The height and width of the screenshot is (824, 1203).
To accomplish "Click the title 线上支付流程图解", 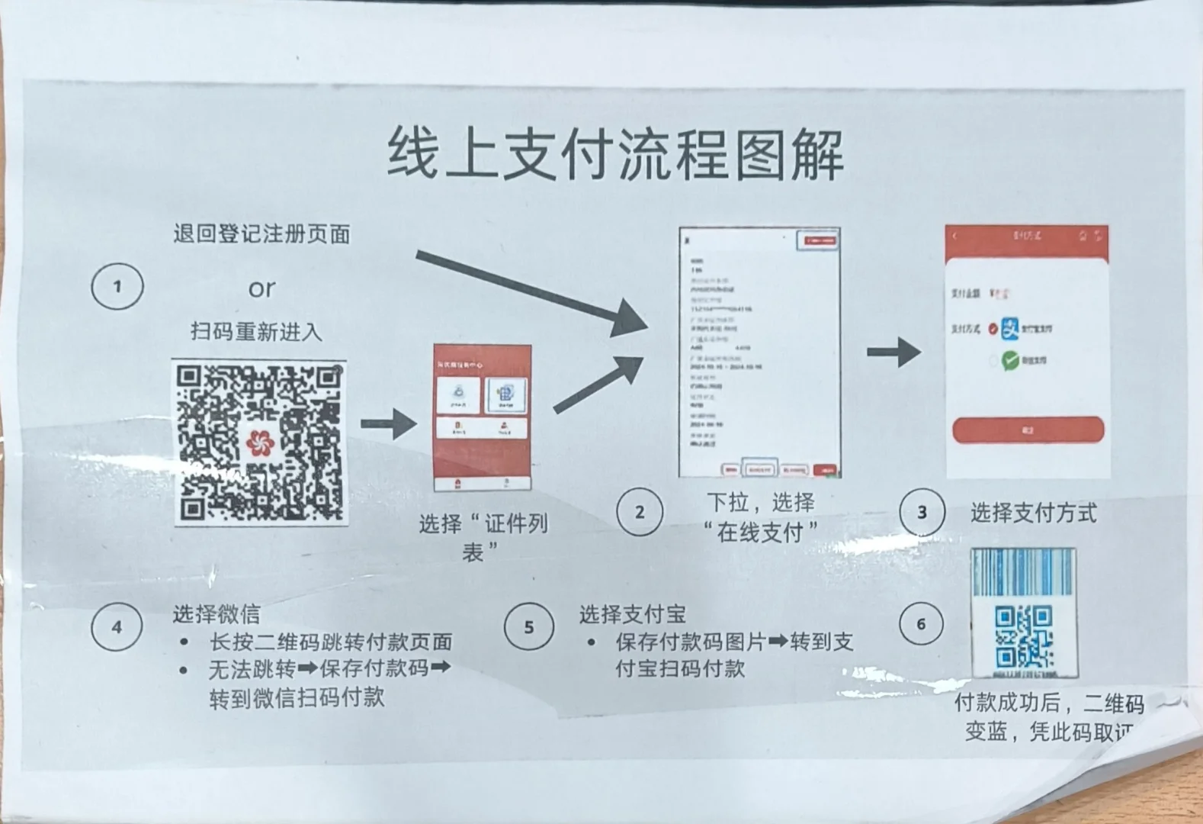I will click(x=615, y=154).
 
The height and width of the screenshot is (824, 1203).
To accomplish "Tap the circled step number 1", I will click(x=117, y=286).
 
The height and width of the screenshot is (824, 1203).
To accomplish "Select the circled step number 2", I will click(x=639, y=512).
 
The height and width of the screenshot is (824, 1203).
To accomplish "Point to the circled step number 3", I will click(x=922, y=512).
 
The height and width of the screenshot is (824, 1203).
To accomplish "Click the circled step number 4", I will click(x=117, y=627).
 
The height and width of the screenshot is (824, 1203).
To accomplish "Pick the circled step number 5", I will click(x=528, y=627).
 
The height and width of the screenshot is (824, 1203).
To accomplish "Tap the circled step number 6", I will click(x=921, y=624).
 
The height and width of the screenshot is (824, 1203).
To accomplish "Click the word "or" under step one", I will click(x=261, y=288).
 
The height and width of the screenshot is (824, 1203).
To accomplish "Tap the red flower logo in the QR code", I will click(x=260, y=443).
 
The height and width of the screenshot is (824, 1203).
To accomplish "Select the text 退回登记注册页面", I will click(x=261, y=233).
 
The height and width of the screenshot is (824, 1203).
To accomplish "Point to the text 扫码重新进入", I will click(x=256, y=332).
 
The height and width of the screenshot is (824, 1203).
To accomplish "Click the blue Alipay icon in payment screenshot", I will click(x=1010, y=329).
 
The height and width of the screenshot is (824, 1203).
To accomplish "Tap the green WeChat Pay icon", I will click(x=1011, y=360).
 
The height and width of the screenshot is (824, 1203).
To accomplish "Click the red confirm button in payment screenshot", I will click(x=1028, y=430).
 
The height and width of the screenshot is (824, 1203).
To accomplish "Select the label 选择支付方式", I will click(x=1033, y=513).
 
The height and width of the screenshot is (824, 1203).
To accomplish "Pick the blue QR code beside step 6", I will click(x=1024, y=635).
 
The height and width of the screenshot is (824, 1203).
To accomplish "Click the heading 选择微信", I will click(x=216, y=613).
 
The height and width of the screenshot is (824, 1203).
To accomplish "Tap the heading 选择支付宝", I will click(x=632, y=613).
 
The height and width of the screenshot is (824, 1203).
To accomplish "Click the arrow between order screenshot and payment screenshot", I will click(x=893, y=352).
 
